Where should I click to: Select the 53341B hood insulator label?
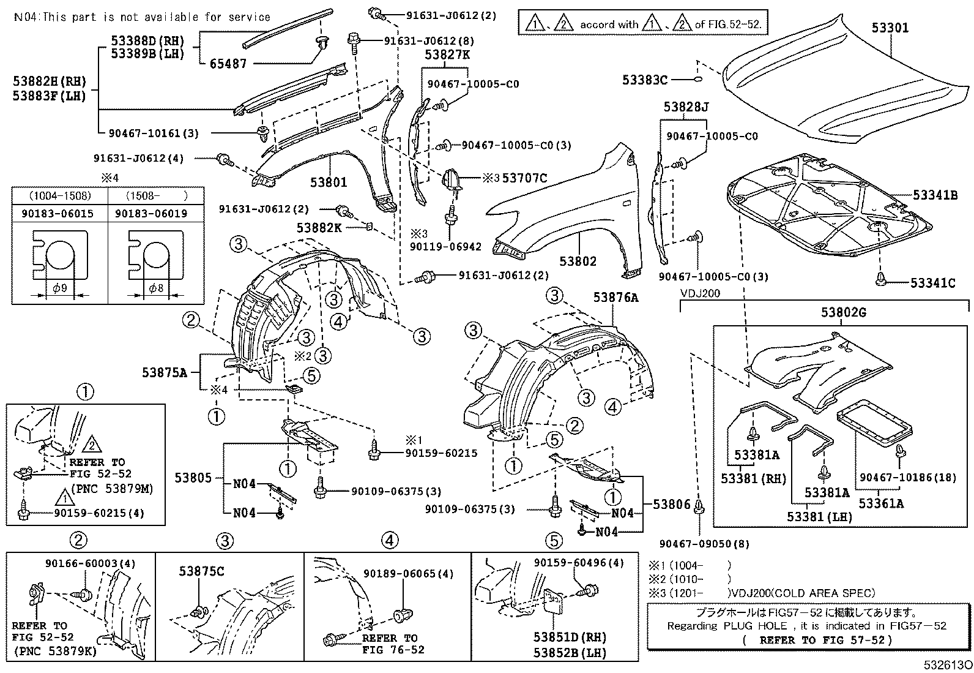tap(934, 195)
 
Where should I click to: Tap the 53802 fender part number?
tap(577, 261)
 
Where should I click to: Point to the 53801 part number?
tap(328, 182)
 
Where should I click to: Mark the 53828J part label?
tap(686, 107)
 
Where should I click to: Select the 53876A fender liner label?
tap(615, 298)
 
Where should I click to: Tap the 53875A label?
tap(165, 372)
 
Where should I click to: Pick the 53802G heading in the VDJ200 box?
tap(843, 313)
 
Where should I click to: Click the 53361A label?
tap(880, 503)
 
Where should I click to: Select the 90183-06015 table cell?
tap(59, 214)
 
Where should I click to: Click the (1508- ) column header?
tap(155, 197)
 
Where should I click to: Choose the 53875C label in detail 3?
tap(201, 571)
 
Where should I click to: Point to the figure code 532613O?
tap(948, 665)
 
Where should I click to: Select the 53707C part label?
tap(524, 178)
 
